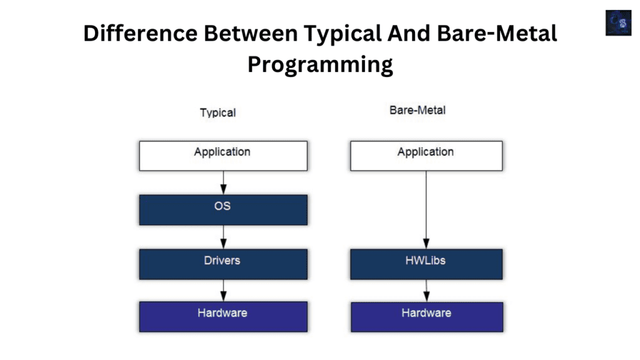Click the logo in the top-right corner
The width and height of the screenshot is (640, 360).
click(618, 22)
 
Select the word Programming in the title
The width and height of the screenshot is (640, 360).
click(320, 64)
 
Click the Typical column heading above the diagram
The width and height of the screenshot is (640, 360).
click(217, 113)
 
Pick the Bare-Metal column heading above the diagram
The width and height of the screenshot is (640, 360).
click(417, 111)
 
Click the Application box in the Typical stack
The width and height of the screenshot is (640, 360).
click(223, 156)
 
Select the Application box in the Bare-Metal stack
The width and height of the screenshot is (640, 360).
click(426, 156)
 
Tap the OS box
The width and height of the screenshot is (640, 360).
click(223, 209)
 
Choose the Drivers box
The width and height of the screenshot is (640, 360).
click(223, 264)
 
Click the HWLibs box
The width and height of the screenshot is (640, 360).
click(426, 264)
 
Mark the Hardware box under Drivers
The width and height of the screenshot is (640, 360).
click(223, 316)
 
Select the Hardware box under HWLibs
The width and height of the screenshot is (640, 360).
click(426, 316)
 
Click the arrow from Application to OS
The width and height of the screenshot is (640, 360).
click(223, 182)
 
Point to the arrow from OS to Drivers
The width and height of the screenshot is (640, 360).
click(223, 237)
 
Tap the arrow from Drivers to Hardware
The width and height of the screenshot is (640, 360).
click(223, 290)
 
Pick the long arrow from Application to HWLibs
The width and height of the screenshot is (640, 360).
click(426, 209)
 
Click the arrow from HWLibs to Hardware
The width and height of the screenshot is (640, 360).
click(426, 290)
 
